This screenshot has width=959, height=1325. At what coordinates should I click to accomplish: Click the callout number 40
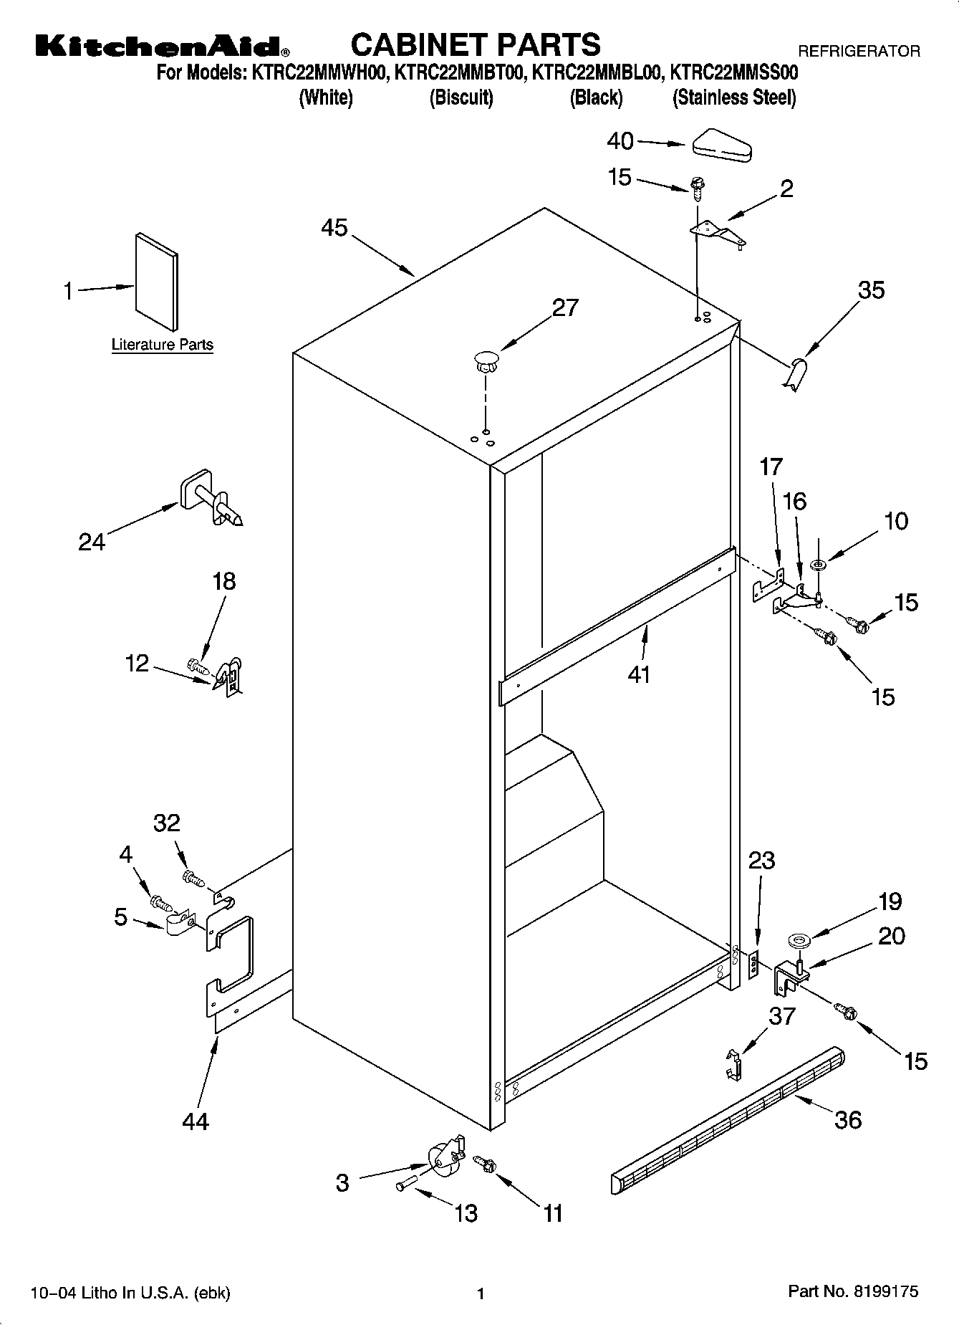[x=620, y=141]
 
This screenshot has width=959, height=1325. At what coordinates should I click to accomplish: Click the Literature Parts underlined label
[x=163, y=345]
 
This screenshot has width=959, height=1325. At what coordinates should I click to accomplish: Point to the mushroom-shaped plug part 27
[x=486, y=360]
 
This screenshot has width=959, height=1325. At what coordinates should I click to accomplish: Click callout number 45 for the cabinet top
[x=334, y=228]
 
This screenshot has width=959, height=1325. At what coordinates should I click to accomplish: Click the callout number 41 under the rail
[x=638, y=674]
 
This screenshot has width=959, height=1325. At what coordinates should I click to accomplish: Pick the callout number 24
[x=92, y=542]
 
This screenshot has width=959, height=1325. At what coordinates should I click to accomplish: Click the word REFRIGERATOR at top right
[x=859, y=52]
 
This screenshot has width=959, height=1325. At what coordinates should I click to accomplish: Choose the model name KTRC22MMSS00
[x=733, y=73]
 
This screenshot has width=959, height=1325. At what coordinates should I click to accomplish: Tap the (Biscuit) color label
[x=461, y=97]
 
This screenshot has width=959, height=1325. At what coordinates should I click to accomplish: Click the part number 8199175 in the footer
[x=885, y=1292]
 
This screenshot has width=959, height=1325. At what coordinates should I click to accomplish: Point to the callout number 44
[x=195, y=1120]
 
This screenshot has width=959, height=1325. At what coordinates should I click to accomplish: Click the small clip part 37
[x=733, y=1064]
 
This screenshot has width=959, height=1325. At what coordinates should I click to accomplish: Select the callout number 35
[x=871, y=290]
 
